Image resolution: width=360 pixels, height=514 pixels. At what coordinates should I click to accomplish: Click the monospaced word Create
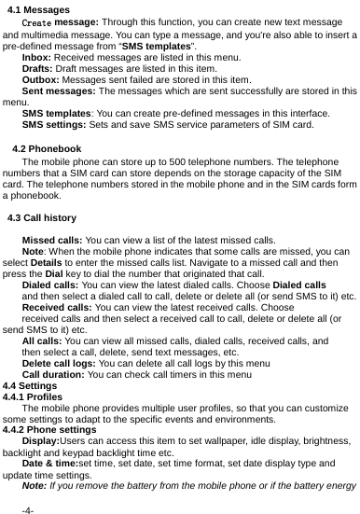click(37, 21)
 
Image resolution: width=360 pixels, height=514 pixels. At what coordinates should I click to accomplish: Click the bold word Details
click(48, 264)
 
